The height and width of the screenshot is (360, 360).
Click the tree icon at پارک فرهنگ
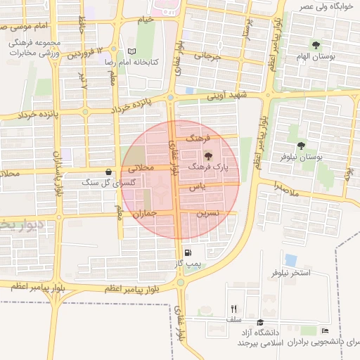point(207,156)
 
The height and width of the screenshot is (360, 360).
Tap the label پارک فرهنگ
point(207,167)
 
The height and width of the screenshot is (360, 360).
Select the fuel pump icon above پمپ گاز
point(187,253)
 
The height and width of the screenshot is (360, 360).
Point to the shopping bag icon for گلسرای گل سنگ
point(108,172)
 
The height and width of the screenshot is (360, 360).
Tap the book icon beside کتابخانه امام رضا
point(131,51)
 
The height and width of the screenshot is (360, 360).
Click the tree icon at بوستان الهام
point(315,45)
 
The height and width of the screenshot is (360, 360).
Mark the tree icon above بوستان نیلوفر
point(301,146)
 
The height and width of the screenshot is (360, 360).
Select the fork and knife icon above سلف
point(233,309)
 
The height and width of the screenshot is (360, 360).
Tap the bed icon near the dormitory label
point(324,330)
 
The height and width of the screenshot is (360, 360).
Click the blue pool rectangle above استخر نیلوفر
point(290,259)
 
